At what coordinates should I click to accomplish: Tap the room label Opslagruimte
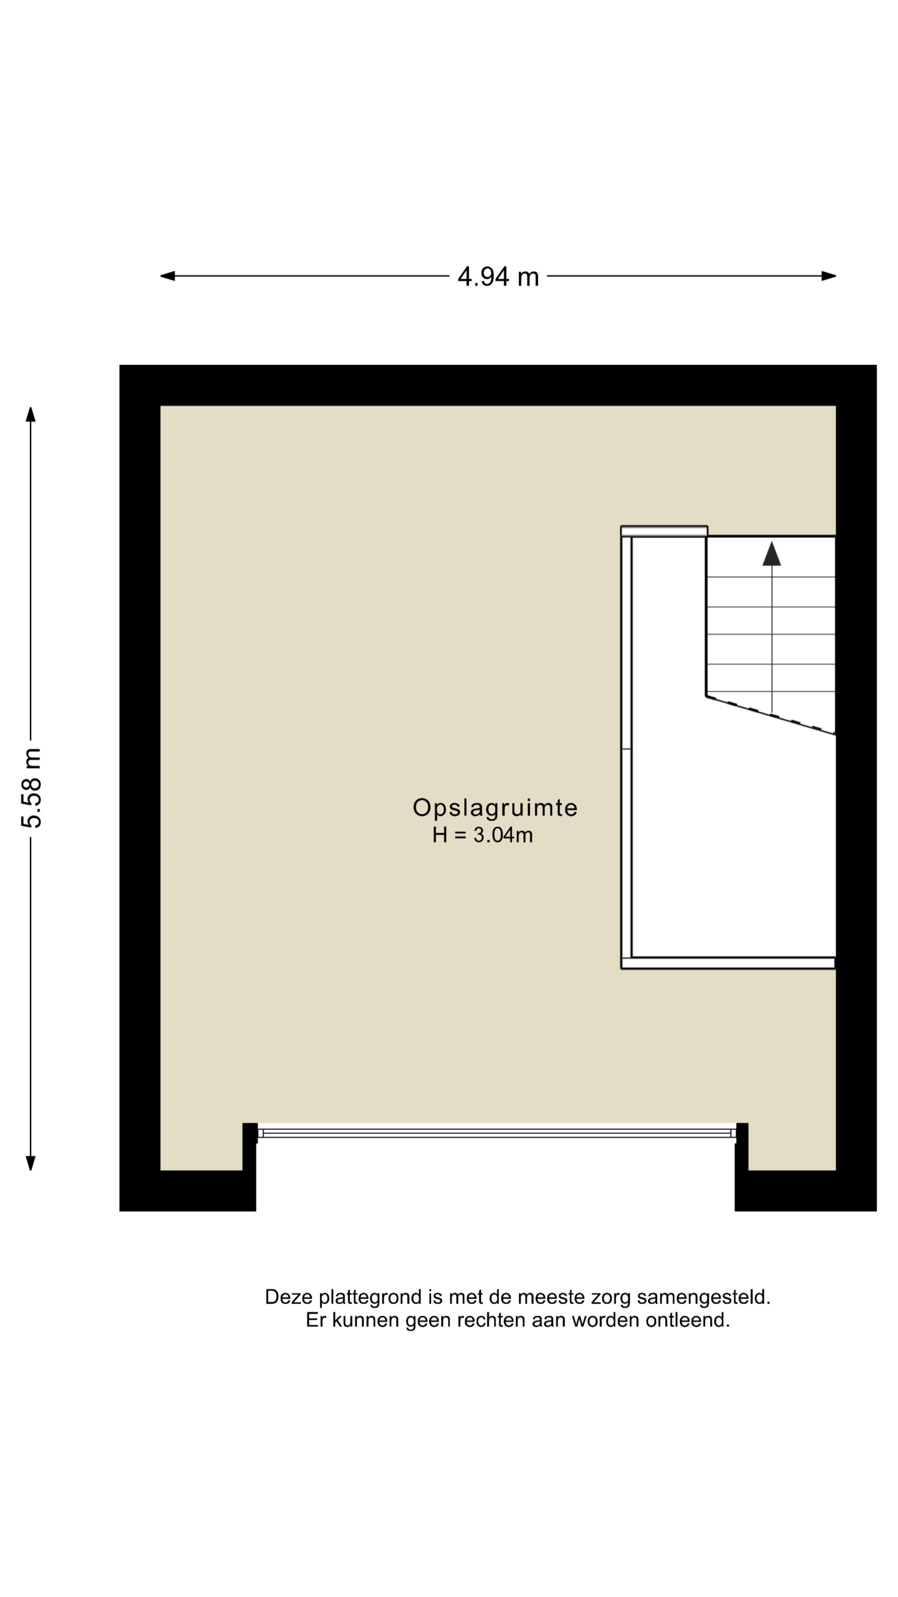coord(495,807)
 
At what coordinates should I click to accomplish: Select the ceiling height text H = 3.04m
coord(482,835)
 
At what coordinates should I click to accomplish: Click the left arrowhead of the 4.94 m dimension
coord(167,276)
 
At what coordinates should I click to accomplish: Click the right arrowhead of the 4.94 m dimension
coord(829,276)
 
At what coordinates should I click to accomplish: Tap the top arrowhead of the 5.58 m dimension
coord(30,414)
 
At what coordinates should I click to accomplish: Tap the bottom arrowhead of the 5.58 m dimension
coord(30,1163)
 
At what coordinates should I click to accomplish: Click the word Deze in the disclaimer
coord(289,1297)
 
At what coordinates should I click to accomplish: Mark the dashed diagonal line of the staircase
coord(770,715)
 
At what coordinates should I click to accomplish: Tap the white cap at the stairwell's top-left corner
coord(664,531)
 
